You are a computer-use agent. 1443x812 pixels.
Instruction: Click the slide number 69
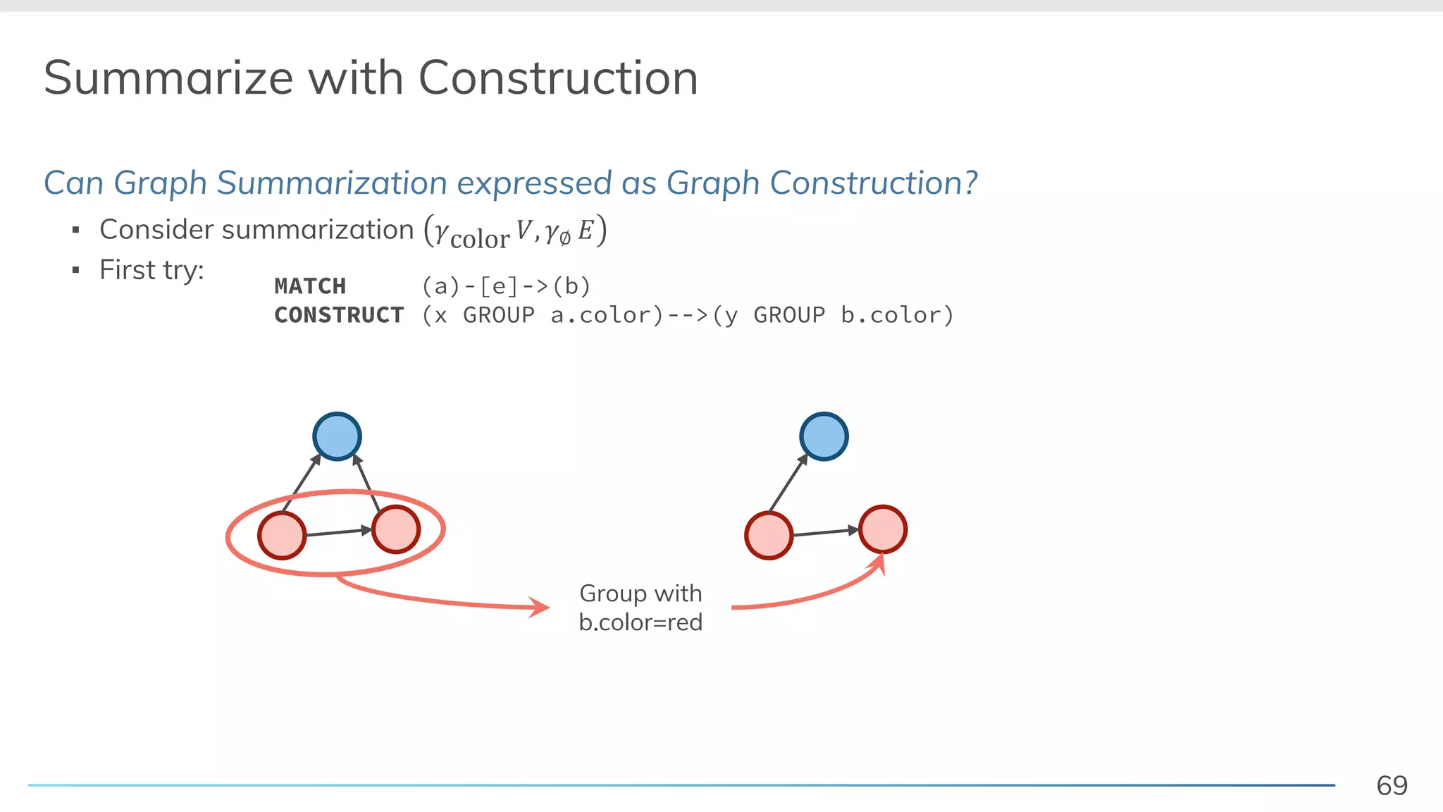click(x=1392, y=785)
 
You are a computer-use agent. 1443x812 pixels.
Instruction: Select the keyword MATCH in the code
click(x=310, y=286)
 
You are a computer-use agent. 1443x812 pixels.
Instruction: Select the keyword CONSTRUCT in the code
click(x=339, y=315)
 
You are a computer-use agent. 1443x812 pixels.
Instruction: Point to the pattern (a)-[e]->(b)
click(x=506, y=286)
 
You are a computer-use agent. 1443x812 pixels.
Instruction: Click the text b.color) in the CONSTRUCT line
click(x=897, y=315)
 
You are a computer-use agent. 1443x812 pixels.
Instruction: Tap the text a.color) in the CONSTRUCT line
click(x=607, y=315)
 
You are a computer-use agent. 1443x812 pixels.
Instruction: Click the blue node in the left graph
click(x=337, y=436)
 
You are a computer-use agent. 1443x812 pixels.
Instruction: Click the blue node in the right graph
click(x=824, y=436)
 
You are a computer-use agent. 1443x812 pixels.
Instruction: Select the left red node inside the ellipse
click(x=282, y=536)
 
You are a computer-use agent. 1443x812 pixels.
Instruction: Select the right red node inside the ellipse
click(x=396, y=529)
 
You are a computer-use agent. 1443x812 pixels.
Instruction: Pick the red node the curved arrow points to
click(x=883, y=529)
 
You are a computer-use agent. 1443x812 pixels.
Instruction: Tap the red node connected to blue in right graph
click(x=769, y=536)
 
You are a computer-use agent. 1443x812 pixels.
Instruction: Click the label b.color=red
click(x=640, y=622)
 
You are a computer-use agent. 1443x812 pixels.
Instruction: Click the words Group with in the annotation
click(x=640, y=593)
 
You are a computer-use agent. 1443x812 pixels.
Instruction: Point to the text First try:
click(x=151, y=270)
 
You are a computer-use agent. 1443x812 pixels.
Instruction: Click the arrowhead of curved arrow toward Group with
click(x=540, y=607)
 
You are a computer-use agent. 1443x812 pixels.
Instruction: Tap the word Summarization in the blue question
click(x=332, y=183)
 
